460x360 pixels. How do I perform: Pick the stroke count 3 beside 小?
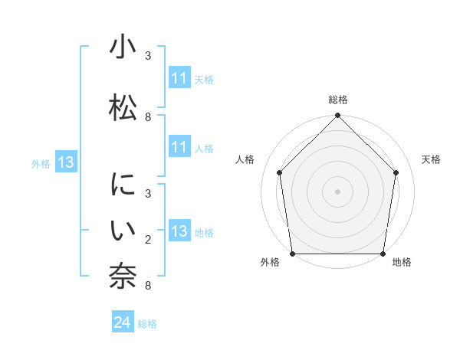(x=148, y=55)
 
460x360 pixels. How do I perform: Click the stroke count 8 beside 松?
(x=148, y=117)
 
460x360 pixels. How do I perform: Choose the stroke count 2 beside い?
(x=148, y=240)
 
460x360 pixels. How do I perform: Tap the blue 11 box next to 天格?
(x=179, y=78)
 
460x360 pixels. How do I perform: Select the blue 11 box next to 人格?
(x=179, y=147)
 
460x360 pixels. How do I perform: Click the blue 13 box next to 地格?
(x=179, y=231)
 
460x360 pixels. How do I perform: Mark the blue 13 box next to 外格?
(x=65, y=162)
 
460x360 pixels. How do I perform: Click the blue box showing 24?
(x=123, y=323)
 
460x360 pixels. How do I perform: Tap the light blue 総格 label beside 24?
(x=147, y=324)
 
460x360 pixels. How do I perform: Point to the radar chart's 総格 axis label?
(x=338, y=100)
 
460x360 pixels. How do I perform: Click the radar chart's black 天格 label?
(x=431, y=159)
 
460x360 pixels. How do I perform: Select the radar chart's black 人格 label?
(x=245, y=159)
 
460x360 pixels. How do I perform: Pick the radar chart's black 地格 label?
(x=402, y=263)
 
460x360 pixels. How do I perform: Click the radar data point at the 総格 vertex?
(x=338, y=116)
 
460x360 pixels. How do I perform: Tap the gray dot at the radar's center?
(x=338, y=191)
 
